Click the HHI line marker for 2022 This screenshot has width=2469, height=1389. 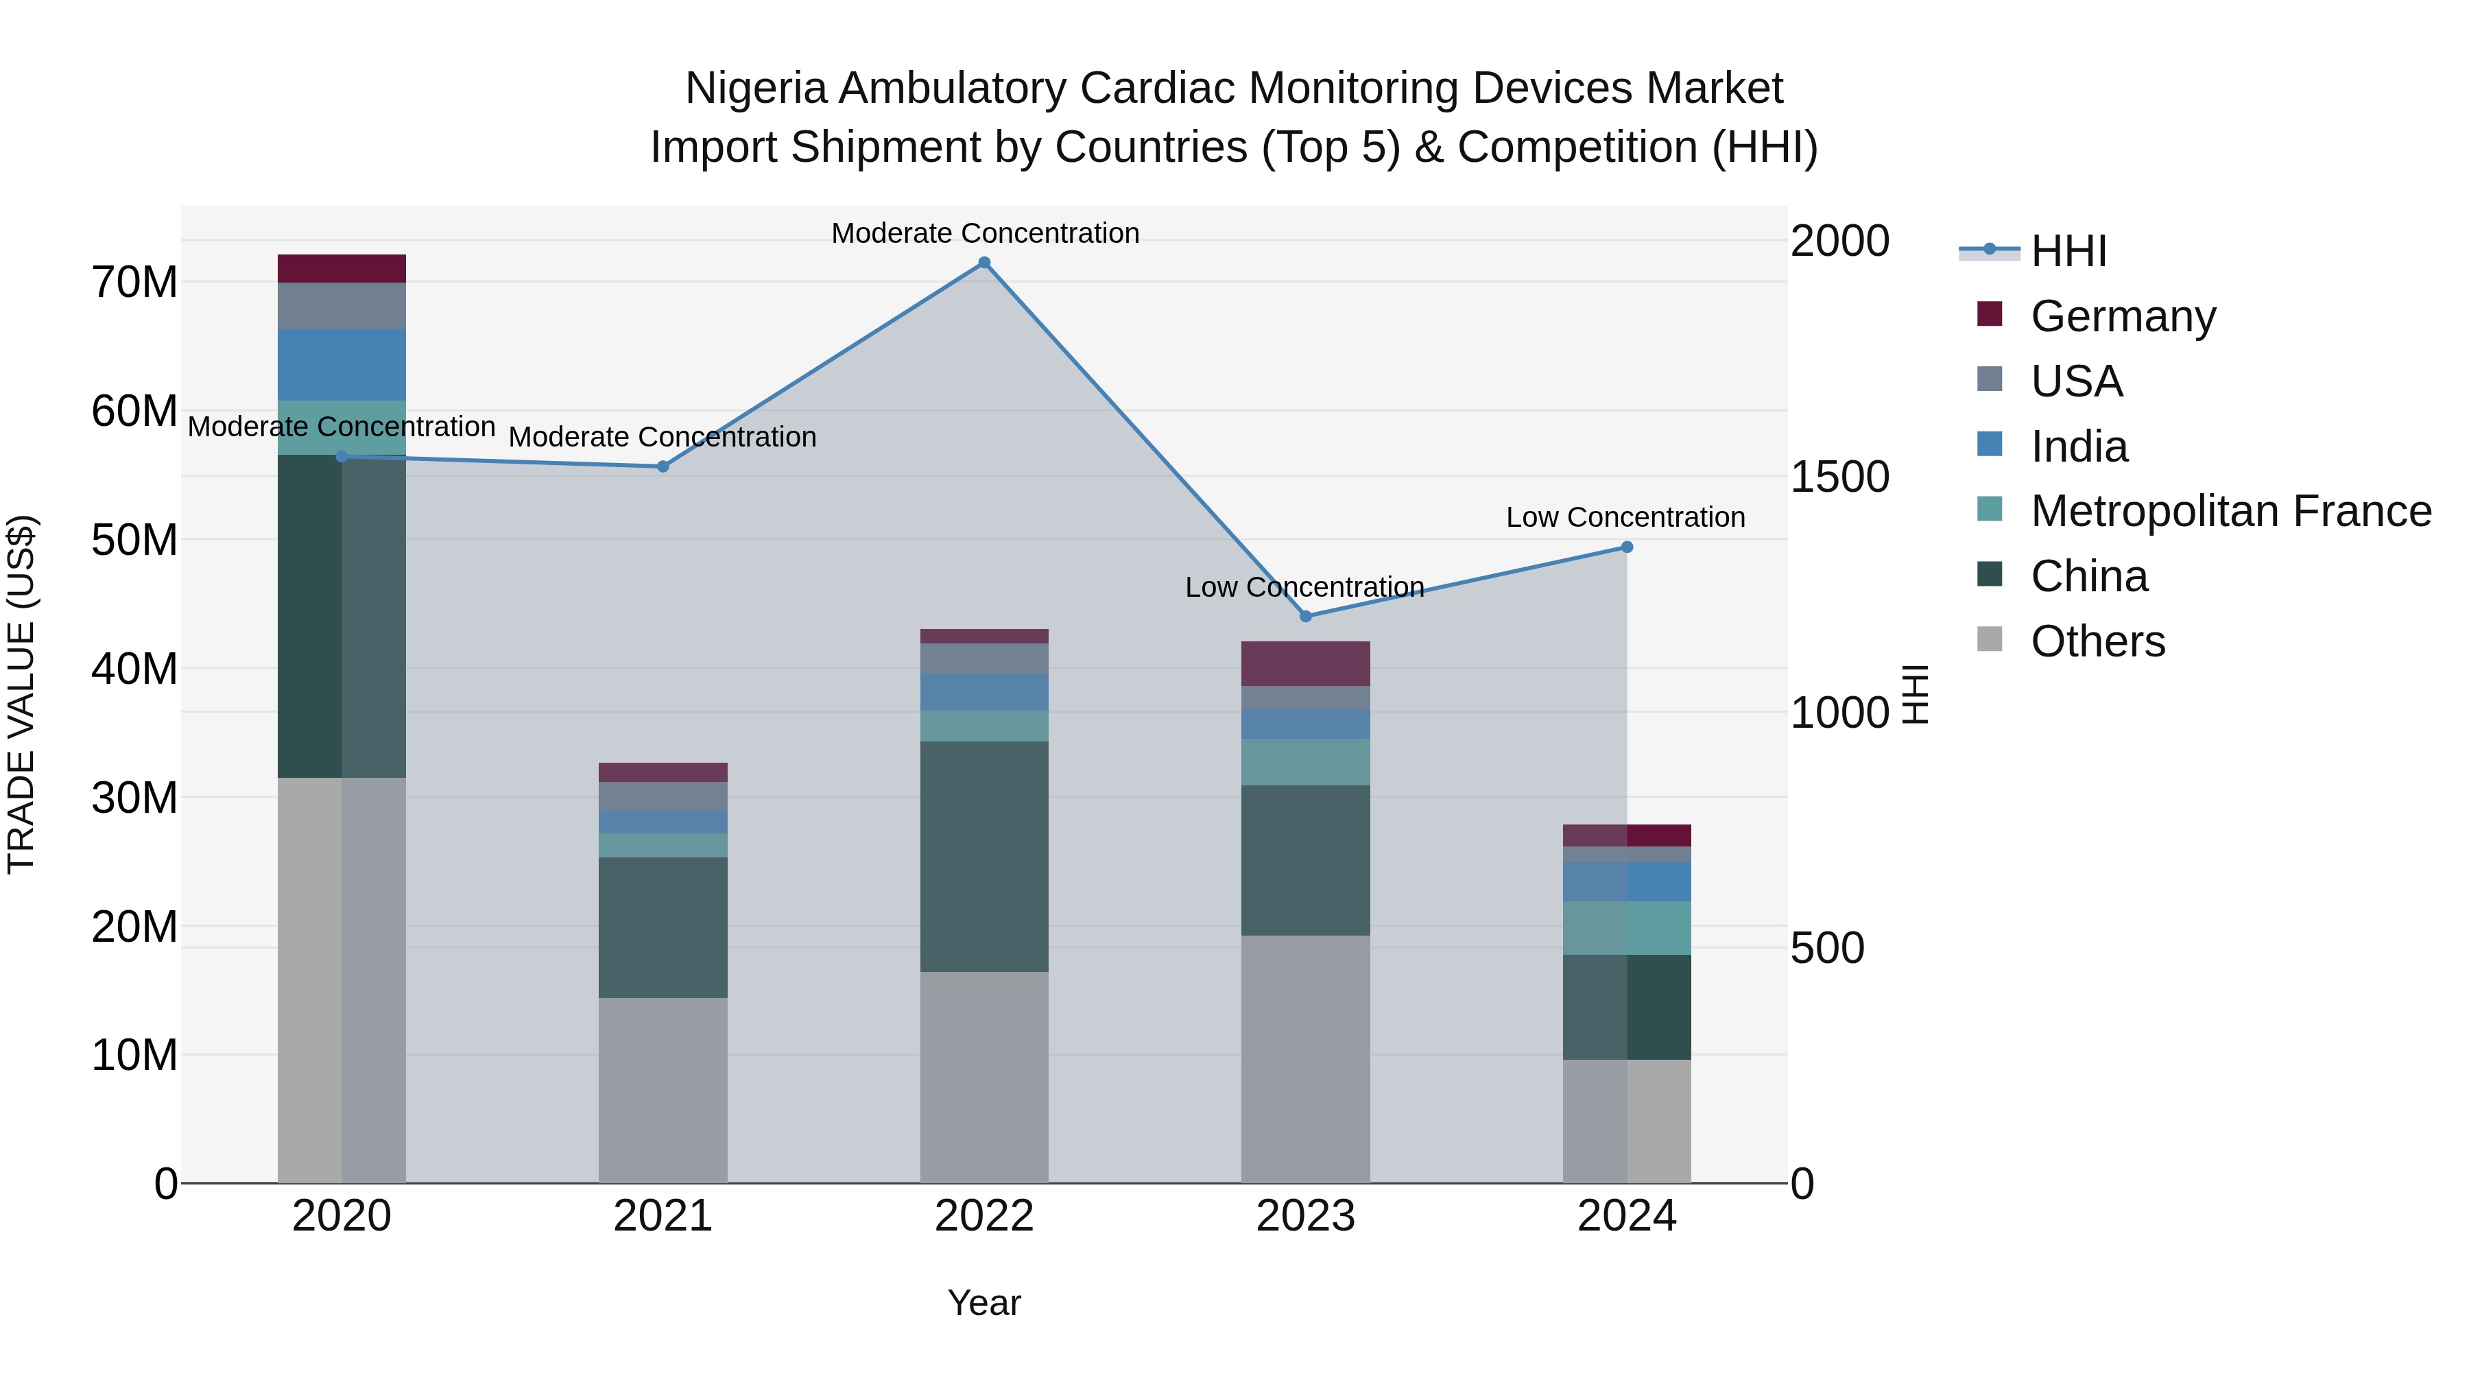pos(983,263)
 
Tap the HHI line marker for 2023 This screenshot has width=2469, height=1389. pos(1305,617)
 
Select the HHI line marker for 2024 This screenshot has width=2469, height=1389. pos(1627,547)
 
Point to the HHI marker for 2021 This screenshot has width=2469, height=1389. pos(663,467)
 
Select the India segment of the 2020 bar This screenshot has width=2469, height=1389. pos(342,364)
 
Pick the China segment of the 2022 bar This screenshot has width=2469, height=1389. pos(983,856)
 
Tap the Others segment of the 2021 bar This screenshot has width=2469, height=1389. pos(663,1090)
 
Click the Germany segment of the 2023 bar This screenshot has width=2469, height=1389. pos(1305,663)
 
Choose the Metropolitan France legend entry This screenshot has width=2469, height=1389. pos(2230,511)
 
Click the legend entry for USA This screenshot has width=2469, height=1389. pos(2076,381)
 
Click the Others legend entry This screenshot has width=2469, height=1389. pos(2097,641)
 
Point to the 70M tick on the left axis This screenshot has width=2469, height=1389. pos(134,283)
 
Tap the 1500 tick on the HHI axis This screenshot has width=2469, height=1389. pos(1839,477)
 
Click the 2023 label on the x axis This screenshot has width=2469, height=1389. pos(1305,1216)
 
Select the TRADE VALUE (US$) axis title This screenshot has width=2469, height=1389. pos(21,694)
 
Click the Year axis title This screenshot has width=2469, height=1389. pos(983,1303)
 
